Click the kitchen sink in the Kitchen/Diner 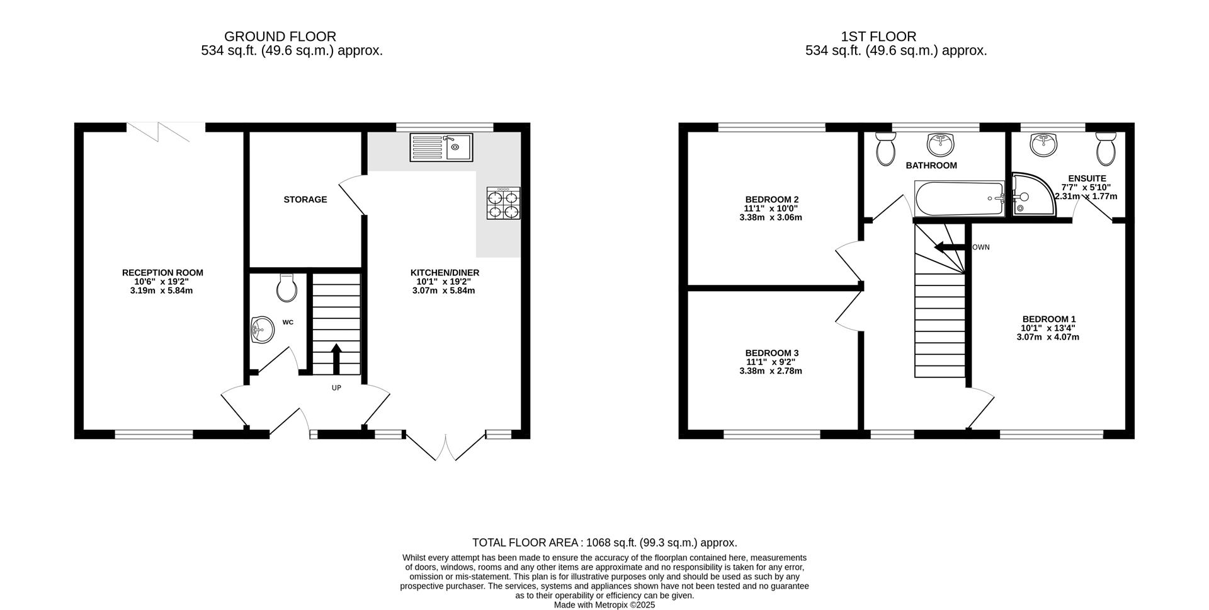click(x=441, y=147)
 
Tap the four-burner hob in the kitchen click(x=503, y=203)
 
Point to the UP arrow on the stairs click(x=336, y=358)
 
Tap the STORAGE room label click(x=305, y=200)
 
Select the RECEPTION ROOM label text click(x=162, y=273)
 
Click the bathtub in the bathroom click(x=959, y=199)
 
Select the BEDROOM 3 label click(x=771, y=353)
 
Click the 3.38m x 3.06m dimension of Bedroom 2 click(x=770, y=217)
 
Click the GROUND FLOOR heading click(x=280, y=37)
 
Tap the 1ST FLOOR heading click(x=878, y=37)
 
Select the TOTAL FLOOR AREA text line click(x=604, y=543)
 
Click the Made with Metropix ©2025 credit click(x=604, y=604)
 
